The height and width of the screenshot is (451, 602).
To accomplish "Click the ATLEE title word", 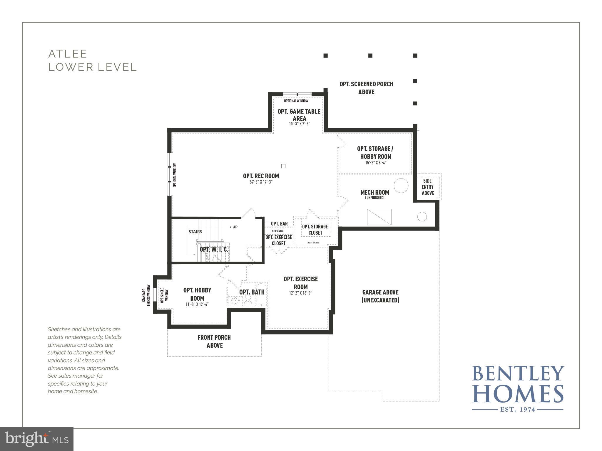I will (x=68, y=54).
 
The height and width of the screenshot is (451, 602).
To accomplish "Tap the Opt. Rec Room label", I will (x=261, y=176).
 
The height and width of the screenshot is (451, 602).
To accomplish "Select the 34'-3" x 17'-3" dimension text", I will (x=261, y=182).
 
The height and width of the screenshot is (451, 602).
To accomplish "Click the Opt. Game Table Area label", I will (x=299, y=115).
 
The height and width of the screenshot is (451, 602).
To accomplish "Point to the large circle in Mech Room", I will (x=401, y=186).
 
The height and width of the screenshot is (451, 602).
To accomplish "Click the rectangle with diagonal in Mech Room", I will (x=379, y=217).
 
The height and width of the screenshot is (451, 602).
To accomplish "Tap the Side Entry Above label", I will (x=428, y=187).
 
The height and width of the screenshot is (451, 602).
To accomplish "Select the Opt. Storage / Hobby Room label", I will (x=375, y=152).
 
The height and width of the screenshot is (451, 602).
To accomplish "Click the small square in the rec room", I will (x=283, y=166).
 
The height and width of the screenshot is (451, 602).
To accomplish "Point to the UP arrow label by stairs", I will (x=234, y=227).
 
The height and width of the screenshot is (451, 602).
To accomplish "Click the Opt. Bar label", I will (x=279, y=224).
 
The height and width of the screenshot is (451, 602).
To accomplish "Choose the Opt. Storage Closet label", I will (x=315, y=230).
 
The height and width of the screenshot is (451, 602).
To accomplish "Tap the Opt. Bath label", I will (x=252, y=292).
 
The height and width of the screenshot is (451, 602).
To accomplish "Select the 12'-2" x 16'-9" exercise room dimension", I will (x=300, y=293).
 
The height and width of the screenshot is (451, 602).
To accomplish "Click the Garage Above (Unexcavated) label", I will (x=380, y=296).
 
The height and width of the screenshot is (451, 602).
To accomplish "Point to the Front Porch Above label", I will (x=214, y=341).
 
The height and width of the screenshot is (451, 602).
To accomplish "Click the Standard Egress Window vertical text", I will (x=146, y=295).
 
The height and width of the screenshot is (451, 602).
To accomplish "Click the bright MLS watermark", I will (x=36, y=439).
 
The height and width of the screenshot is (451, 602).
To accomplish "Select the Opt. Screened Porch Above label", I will (x=366, y=88).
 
